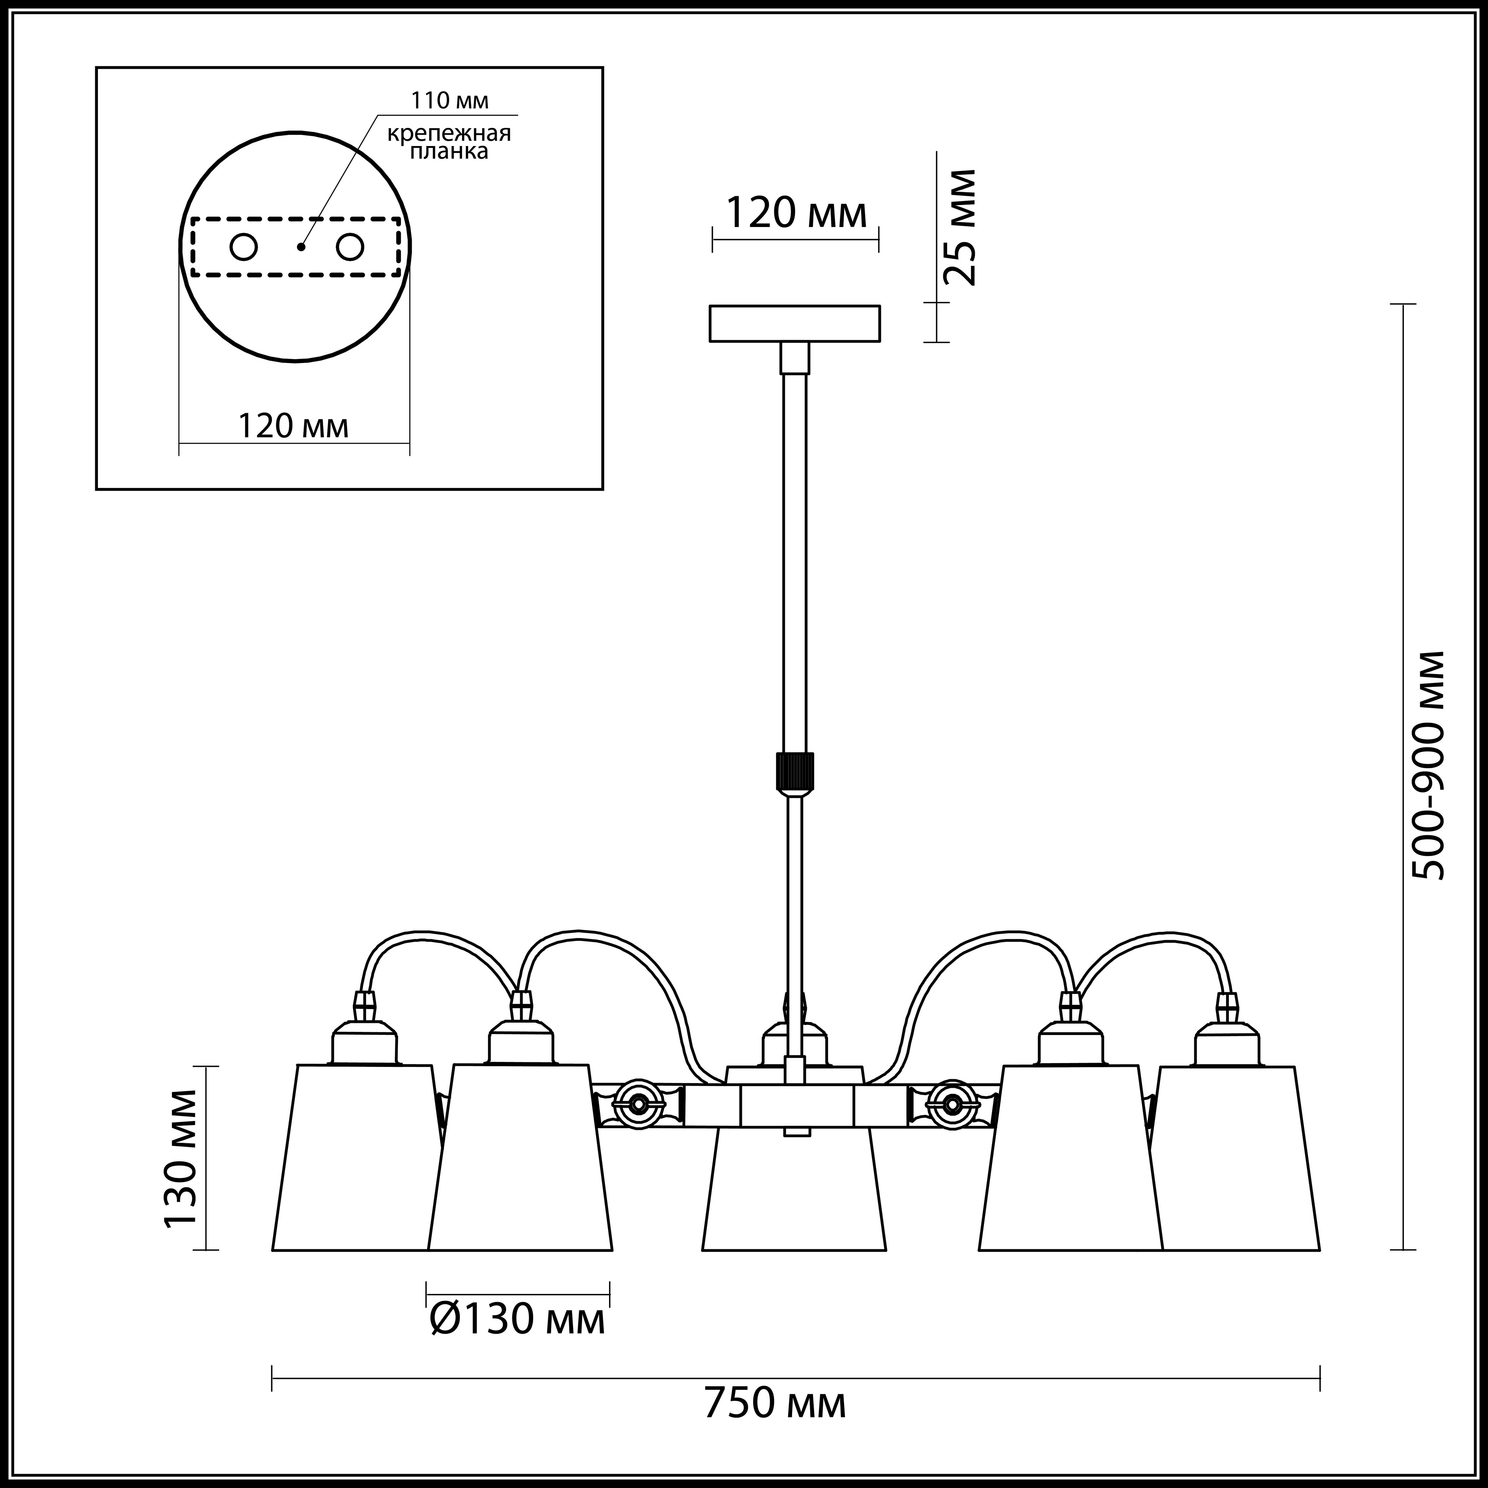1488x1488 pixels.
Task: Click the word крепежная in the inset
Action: (449, 134)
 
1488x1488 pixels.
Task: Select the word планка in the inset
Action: (449, 152)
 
